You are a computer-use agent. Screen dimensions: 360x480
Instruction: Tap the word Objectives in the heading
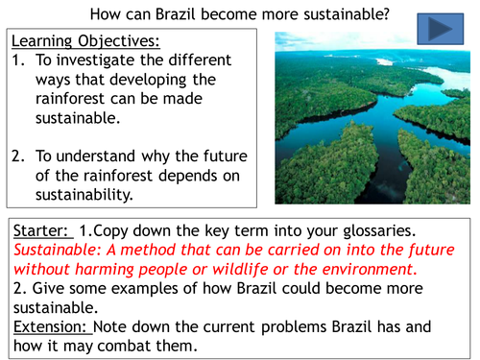point(120,42)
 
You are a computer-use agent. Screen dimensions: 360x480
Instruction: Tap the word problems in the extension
point(301,326)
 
